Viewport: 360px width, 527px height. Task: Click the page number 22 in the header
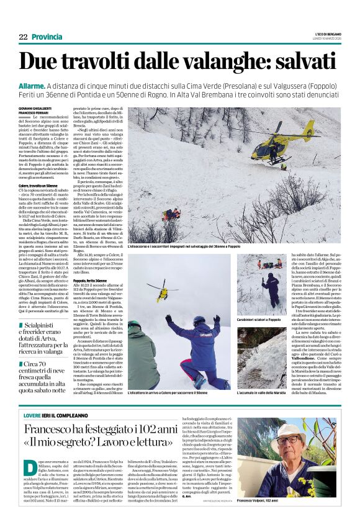pos(24,38)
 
